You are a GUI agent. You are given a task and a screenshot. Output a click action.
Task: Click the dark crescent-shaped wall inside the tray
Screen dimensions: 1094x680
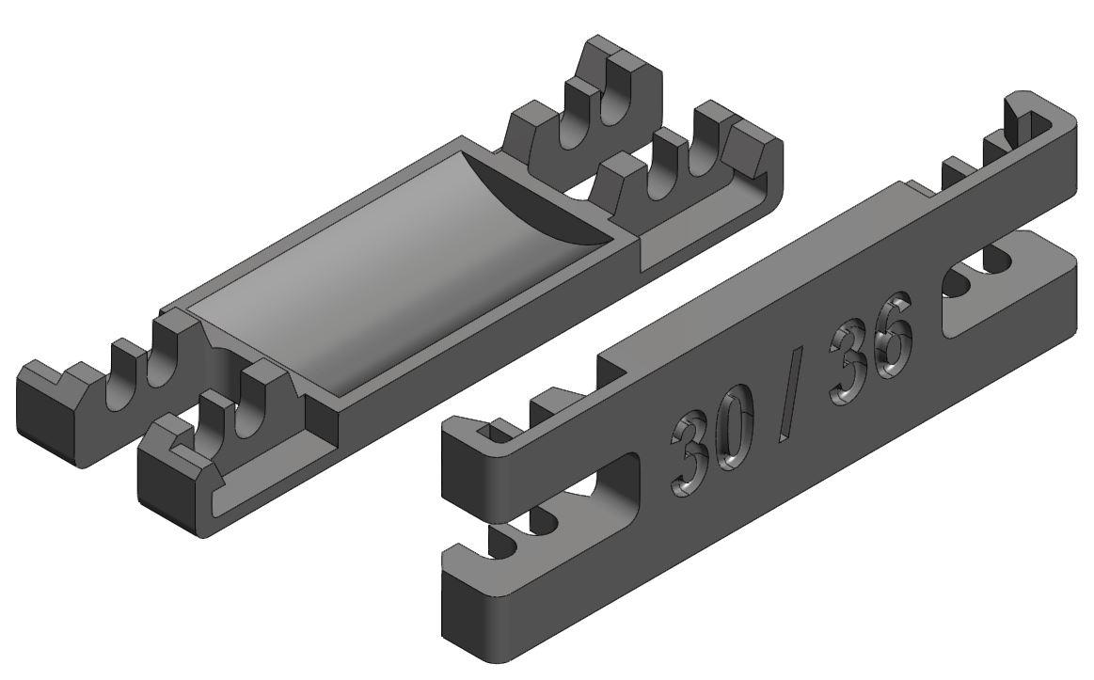tap(537, 202)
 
